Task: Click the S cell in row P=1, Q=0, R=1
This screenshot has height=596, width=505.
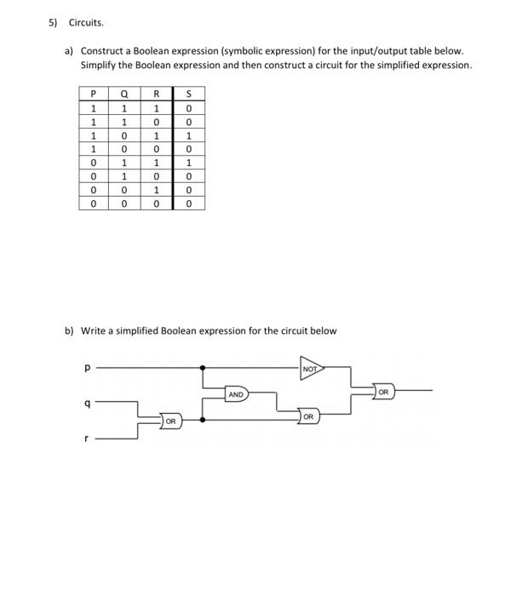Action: [x=188, y=134]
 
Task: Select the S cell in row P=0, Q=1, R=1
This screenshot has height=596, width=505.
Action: [x=188, y=161]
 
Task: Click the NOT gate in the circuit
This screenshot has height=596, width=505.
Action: [x=313, y=370]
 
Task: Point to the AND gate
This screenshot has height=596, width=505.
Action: [x=237, y=394]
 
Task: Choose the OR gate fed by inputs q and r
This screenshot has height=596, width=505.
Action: [x=169, y=420]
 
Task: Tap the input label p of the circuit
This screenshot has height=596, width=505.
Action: [x=88, y=370]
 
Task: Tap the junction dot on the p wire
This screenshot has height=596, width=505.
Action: [x=201, y=369]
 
